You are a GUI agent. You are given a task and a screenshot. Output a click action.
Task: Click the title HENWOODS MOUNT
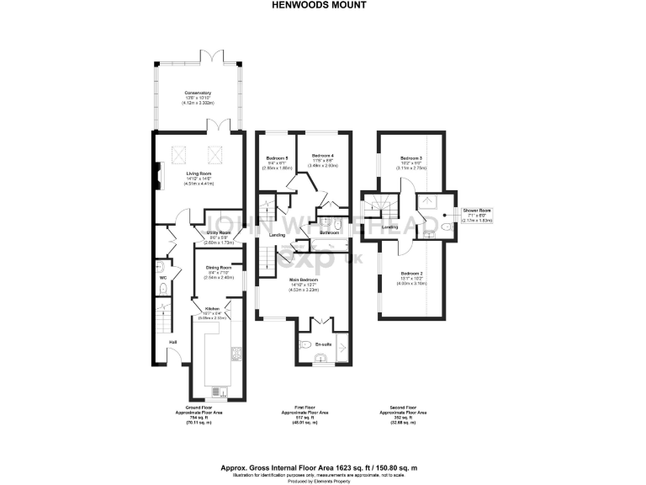324,4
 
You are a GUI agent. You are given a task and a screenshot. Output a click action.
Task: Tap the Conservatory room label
198,93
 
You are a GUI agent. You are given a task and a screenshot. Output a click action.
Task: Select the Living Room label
199,173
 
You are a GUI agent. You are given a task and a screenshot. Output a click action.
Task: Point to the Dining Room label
218,269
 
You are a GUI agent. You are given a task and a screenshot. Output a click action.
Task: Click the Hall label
172,342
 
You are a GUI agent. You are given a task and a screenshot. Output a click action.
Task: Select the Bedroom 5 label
278,158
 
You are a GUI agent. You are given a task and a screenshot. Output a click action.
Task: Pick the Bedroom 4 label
323,156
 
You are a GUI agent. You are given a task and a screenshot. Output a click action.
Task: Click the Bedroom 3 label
410,158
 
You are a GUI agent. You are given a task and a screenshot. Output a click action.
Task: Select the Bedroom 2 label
411,274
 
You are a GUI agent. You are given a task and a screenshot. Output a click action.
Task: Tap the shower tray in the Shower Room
430,201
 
